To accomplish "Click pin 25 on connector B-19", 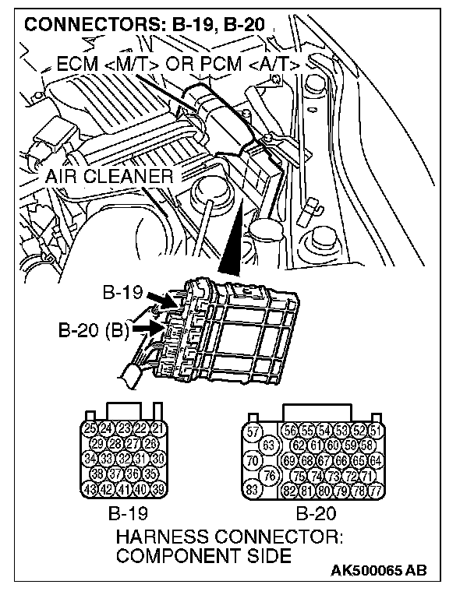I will pyautogui.click(x=90, y=428).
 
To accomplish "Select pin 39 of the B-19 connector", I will pyautogui.click(x=158, y=488).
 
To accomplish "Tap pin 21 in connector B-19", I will pyautogui.click(x=158, y=428).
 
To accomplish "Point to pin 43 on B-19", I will pyautogui.click(x=90, y=488).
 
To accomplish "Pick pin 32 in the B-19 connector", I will pyautogui.click(x=124, y=458).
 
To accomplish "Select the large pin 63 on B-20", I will pyautogui.click(x=269, y=445).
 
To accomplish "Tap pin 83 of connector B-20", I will pyautogui.click(x=253, y=489).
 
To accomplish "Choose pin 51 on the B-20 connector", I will pyautogui.click(x=376, y=431).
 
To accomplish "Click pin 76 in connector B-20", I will pyautogui.click(x=269, y=475).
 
